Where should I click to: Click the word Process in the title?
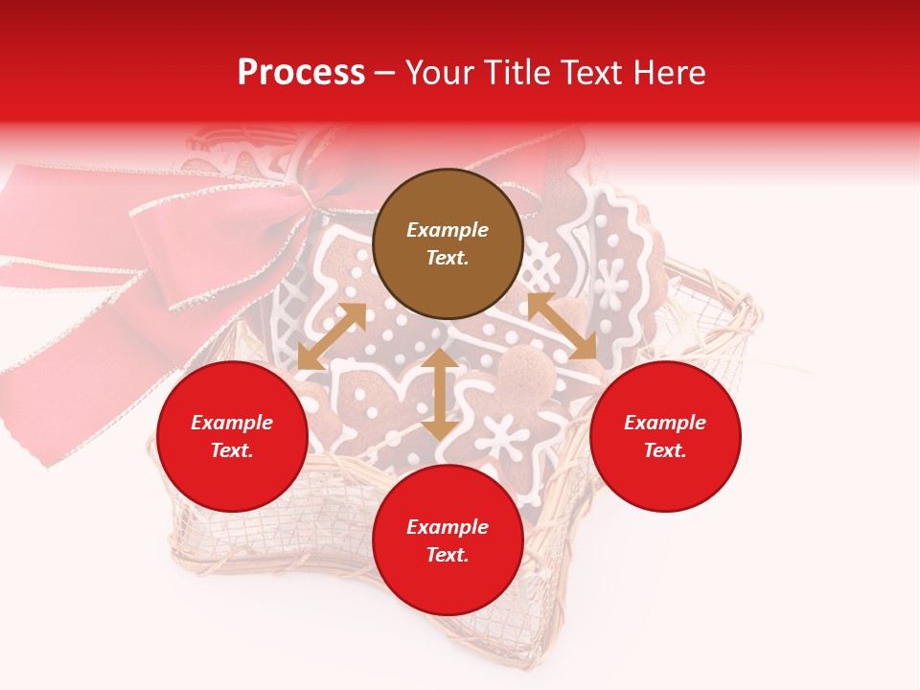point(301,73)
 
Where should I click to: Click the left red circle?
point(232,437)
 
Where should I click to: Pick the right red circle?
point(665,437)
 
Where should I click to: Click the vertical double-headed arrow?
point(440,394)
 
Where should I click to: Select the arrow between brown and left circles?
point(332,336)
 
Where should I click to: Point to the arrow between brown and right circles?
point(562,326)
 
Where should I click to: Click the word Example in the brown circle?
point(448,230)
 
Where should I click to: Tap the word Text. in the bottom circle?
point(448,555)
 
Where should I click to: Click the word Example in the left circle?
point(232,423)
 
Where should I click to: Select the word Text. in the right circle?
point(665,450)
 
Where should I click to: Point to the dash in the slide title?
point(384,73)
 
